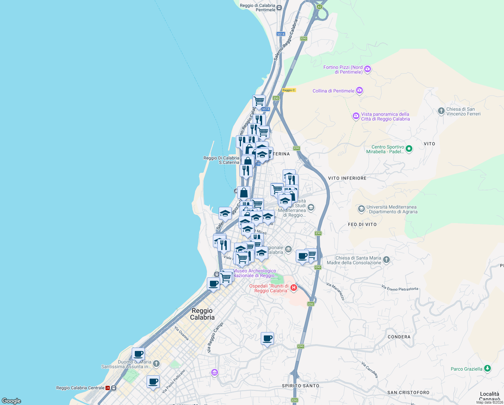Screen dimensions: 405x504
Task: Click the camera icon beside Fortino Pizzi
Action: tap(368, 69)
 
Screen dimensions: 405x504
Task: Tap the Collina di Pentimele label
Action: tap(333, 91)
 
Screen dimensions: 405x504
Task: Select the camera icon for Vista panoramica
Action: tap(356, 116)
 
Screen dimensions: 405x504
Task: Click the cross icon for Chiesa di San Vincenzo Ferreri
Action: tap(441, 111)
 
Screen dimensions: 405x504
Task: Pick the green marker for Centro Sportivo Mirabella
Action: tap(409, 149)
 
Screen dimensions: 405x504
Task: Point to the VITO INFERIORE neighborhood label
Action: tap(347, 178)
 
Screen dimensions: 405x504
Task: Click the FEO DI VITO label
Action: tap(362, 224)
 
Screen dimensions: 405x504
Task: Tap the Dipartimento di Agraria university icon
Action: tap(361, 209)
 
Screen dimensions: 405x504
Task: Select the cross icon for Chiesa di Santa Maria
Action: tap(386, 260)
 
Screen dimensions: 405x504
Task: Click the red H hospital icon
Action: tap(294, 288)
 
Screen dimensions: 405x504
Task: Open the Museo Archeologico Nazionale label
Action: tap(255, 273)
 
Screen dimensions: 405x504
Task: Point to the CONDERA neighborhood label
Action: tap(399, 337)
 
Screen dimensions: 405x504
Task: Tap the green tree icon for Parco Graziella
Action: tap(487, 369)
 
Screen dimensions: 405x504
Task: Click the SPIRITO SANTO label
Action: tap(301, 386)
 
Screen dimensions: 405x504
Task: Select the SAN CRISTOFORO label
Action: tap(408, 393)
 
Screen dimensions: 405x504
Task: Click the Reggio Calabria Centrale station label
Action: tap(80, 388)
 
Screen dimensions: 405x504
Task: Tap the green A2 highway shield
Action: tap(319, 6)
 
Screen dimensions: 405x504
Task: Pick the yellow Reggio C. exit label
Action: tap(289, 90)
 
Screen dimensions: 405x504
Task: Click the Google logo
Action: tap(11, 401)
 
